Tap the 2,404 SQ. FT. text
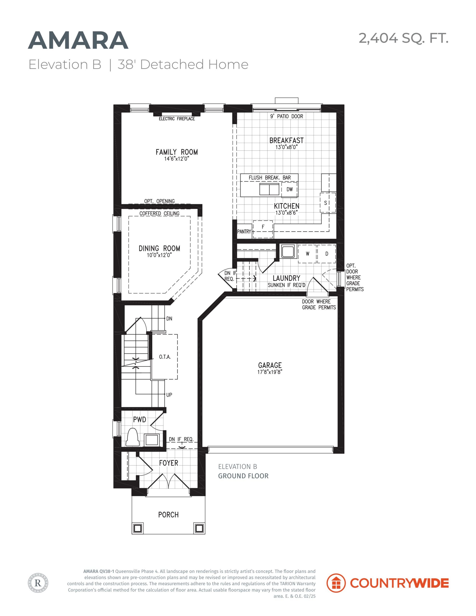pyautogui.click(x=404, y=38)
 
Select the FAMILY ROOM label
pyautogui.click(x=177, y=152)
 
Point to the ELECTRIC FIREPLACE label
pyautogui.click(x=177, y=119)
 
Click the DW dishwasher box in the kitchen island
pyautogui.click(x=289, y=190)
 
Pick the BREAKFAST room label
pyautogui.click(x=286, y=141)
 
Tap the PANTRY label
pyautogui.click(x=244, y=231)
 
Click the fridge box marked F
pyautogui.click(x=263, y=229)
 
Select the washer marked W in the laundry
pyautogui.click(x=307, y=254)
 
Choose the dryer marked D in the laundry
pyautogui.click(x=327, y=254)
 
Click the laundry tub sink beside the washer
pyautogui.click(x=288, y=251)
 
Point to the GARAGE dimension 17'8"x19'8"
pyautogui.click(x=270, y=372)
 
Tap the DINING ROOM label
pyautogui.click(x=159, y=249)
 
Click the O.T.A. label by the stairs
pyautogui.click(x=165, y=357)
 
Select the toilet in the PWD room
pyautogui.click(x=132, y=437)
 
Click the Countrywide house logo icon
pyautogui.click(x=336, y=583)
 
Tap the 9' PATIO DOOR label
pyautogui.click(x=287, y=116)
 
